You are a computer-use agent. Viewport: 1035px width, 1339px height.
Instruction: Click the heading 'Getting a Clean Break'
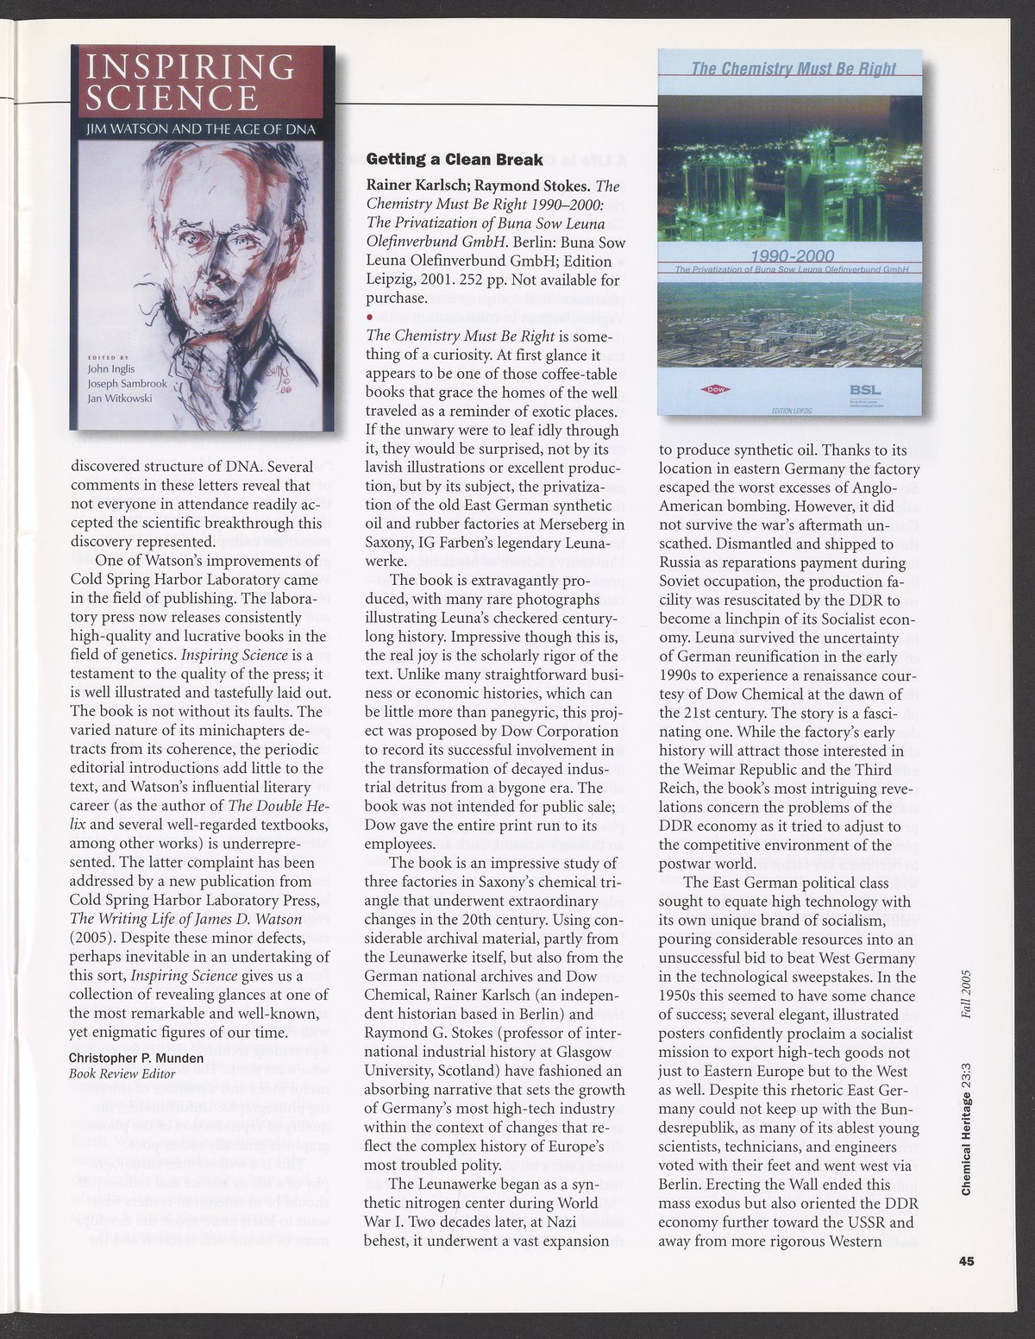pos(455,160)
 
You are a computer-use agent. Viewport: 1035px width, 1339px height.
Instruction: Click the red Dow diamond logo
pos(718,389)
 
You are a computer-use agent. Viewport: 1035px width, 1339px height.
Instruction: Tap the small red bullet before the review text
pos(370,317)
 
